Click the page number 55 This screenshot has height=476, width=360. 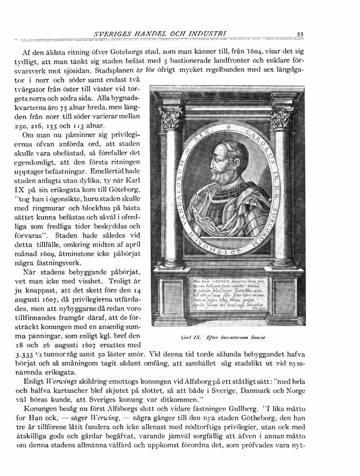click(300, 34)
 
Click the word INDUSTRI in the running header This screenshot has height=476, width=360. click(206, 34)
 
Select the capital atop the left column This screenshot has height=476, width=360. click(170, 118)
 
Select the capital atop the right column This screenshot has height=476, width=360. click(281, 117)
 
